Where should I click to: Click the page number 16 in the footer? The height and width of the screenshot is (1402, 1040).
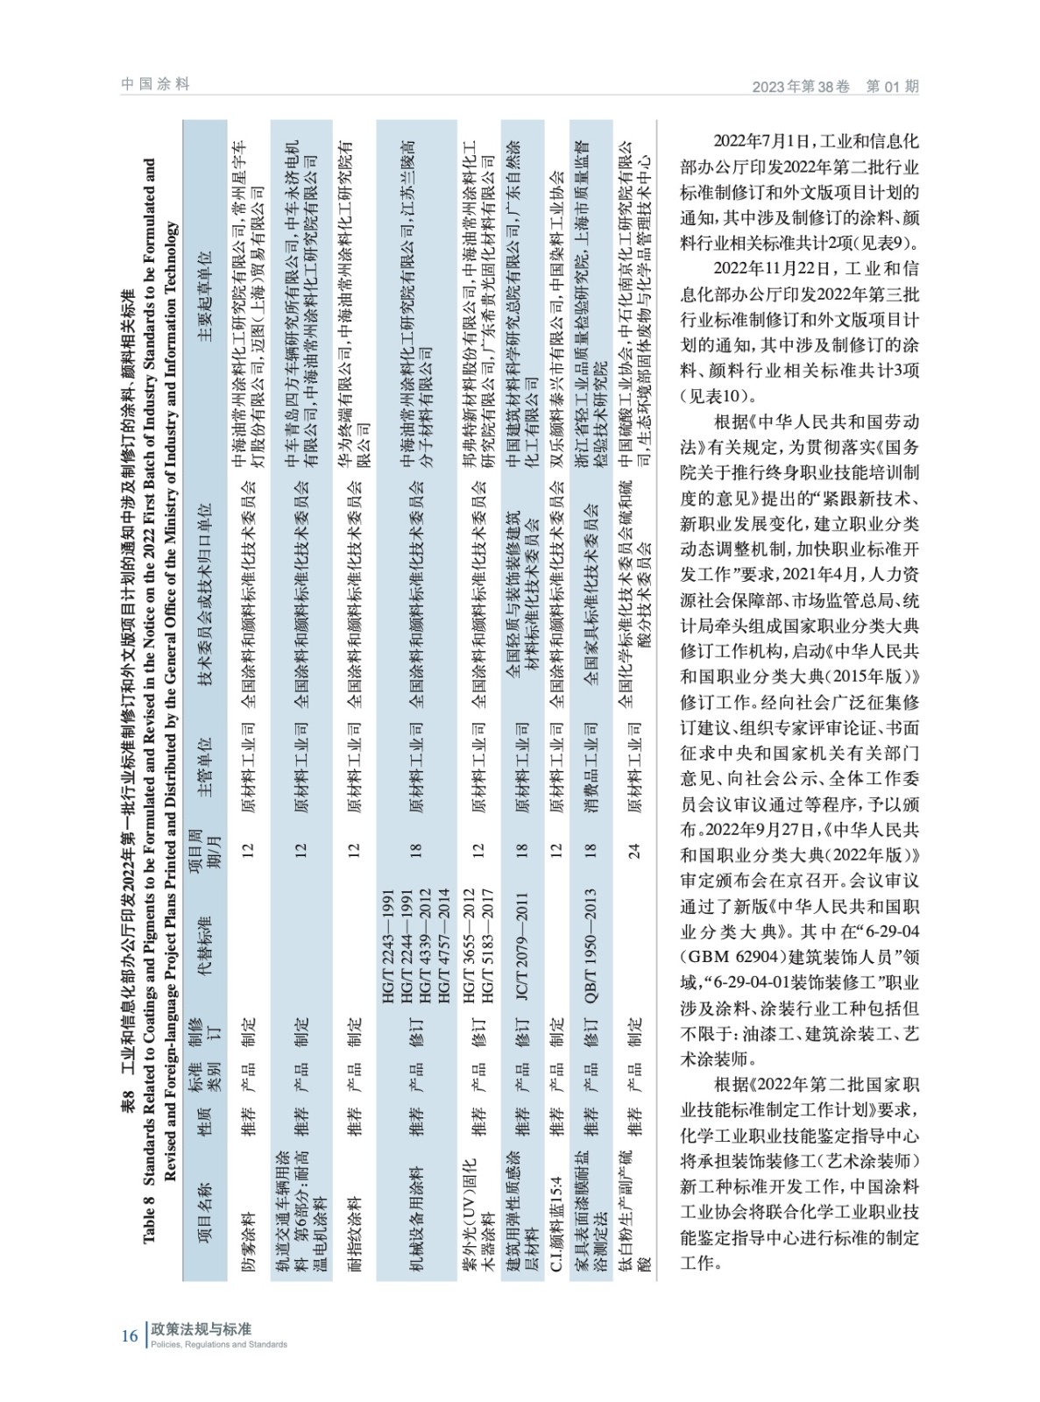pyautogui.click(x=128, y=1335)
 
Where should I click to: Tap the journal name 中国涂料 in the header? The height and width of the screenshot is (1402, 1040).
pyautogui.click(x=156, y=84)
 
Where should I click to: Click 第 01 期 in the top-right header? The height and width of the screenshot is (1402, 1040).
pyautogui.click(x=892, y=86)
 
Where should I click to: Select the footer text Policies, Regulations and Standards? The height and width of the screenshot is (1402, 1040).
pyautogui.click(x=219, y=1344)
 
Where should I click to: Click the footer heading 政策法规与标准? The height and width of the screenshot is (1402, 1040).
pyautogui.click(x=202, y=1328)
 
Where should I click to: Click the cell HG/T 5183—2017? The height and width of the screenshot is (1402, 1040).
pyautogui.click(x=487, y=946)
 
